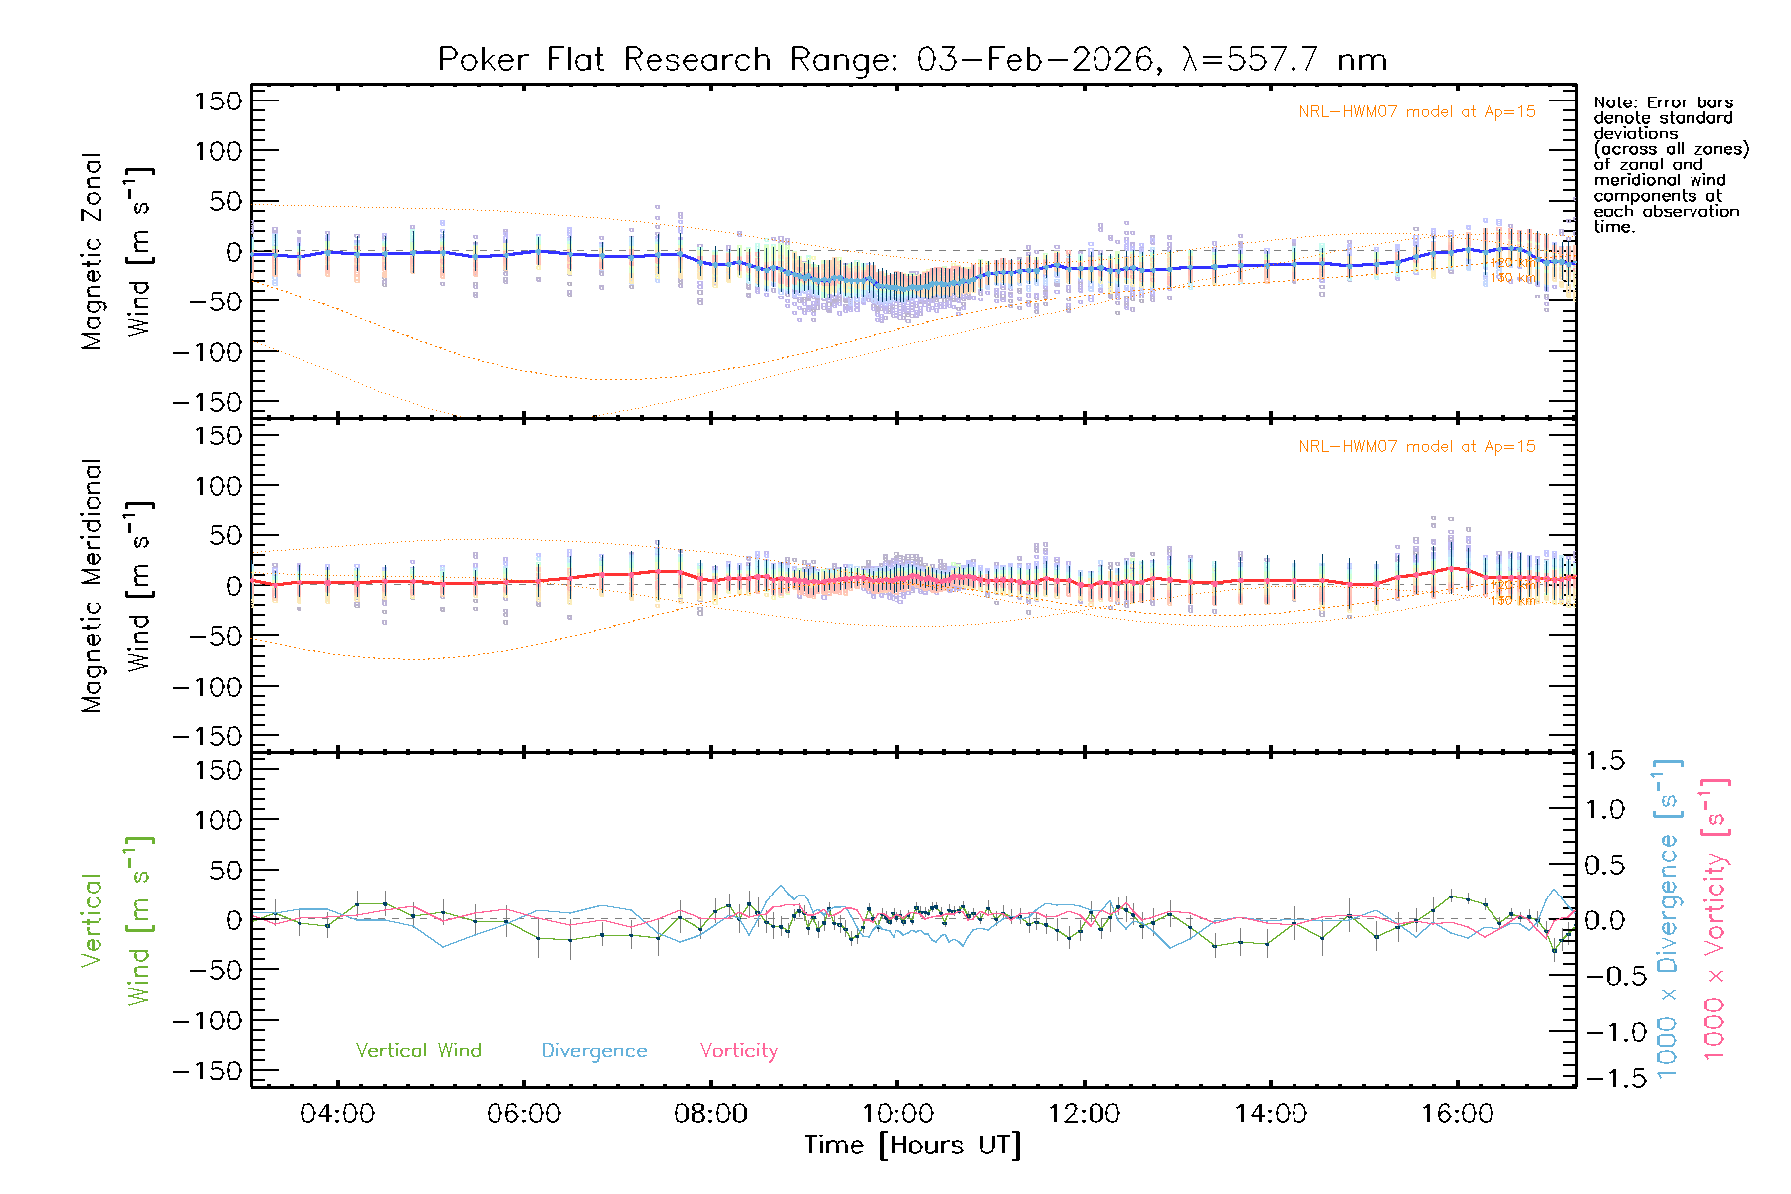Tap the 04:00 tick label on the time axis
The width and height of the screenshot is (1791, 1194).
coord(337,1114)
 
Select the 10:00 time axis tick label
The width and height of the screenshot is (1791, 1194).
coord(897,1114)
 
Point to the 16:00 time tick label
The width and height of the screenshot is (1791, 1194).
coord(1457,1114)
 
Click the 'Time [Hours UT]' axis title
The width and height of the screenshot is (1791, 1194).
coord(912,1146)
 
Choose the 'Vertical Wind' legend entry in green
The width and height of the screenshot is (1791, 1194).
coord(418,1051)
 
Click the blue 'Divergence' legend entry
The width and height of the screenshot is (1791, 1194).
coord(594,1051)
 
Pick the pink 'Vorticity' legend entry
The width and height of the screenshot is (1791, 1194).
coord(738,1051)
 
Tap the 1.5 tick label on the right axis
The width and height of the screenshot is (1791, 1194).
coord(1605,761)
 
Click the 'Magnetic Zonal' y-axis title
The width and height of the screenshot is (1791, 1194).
coord(92,252)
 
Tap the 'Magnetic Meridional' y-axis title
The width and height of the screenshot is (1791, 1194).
coord(92,586)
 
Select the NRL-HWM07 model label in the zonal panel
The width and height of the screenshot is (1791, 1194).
coord(1417,112)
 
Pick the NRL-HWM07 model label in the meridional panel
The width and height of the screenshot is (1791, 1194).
coord(1417,447)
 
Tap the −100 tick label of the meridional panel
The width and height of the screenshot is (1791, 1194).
coord(208,687)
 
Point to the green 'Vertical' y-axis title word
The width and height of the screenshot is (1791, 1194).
coord(92,920)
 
